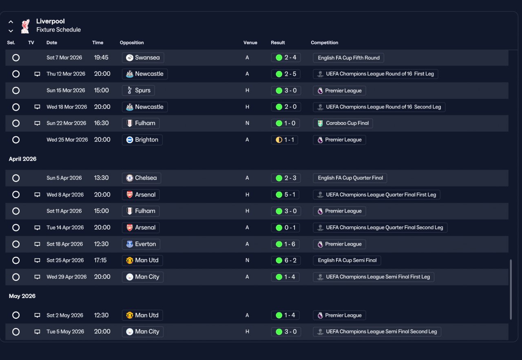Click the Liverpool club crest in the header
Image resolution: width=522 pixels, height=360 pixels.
[x=25, y=26]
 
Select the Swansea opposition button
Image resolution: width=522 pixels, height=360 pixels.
[x=143, y=57]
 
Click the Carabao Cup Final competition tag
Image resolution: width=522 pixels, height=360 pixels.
[x=343, y=123]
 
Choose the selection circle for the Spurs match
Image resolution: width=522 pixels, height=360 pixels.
[x=16, y=91]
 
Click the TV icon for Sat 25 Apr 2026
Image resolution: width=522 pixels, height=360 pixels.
[x=37, y=260]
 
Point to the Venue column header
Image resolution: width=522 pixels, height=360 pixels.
[x=250, y=43]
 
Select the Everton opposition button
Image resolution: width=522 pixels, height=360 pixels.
[x=141, y=244]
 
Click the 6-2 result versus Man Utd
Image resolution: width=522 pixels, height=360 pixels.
[x=286, y=260]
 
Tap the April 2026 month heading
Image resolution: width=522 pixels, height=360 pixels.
[x=22, y=159]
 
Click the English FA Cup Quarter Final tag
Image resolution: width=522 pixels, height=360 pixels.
[x=350, y=178]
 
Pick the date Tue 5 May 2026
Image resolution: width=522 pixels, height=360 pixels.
[x=65, y=331]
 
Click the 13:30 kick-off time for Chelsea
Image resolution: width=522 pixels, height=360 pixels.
[x=101, y=178]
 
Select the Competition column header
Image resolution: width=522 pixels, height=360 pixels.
[x=324, y=43]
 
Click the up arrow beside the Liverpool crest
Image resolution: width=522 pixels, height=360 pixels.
[x=11, y=22]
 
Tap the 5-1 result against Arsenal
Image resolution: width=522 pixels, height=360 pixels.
[x=285, y=194]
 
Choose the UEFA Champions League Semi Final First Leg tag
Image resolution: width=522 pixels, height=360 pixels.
[x=374, y=277]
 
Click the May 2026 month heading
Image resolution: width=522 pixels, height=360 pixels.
[x=22, y=296]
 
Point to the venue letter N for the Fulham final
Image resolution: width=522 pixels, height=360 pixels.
[x=247, y=123]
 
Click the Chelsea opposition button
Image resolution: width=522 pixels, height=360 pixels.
[x=142, y=178]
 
